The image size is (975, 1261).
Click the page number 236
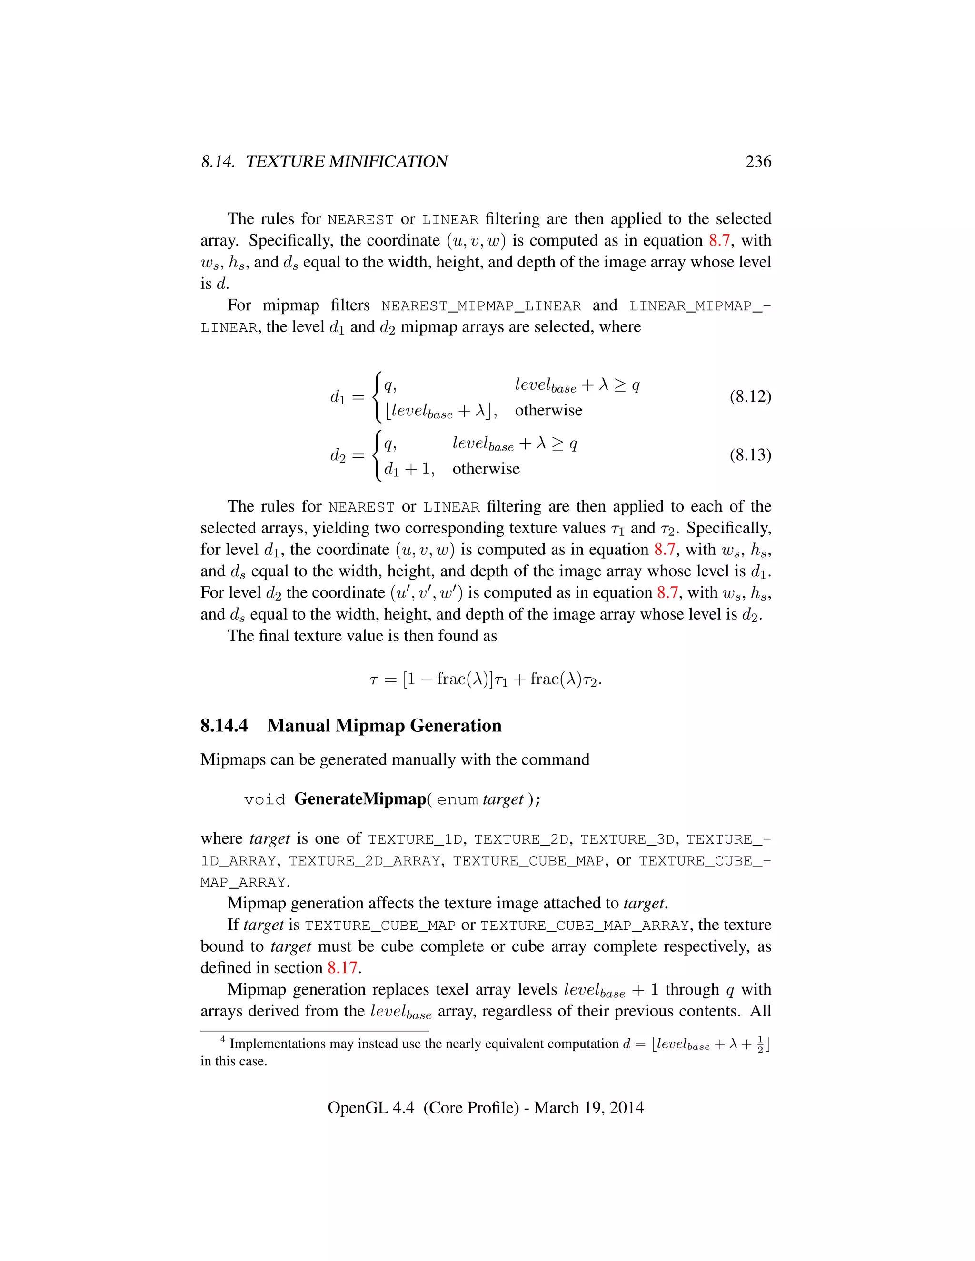[x=758, y=162]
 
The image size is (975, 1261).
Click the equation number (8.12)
[x=750, y=397]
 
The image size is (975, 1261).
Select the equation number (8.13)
[x=750, y=455]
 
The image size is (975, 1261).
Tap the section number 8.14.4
[x=224, y=726]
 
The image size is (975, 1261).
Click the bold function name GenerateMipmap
[x=360, y=799]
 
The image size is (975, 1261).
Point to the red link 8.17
[x=342, y=968]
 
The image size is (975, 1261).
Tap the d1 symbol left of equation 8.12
[x=338, y=397]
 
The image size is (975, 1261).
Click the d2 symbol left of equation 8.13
[x=338, y=455]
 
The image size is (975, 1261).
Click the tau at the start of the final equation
[x=374, y=680]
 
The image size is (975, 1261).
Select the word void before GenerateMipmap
[x=265, y=800]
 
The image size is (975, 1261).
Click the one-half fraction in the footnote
[x=759, y=1044]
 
